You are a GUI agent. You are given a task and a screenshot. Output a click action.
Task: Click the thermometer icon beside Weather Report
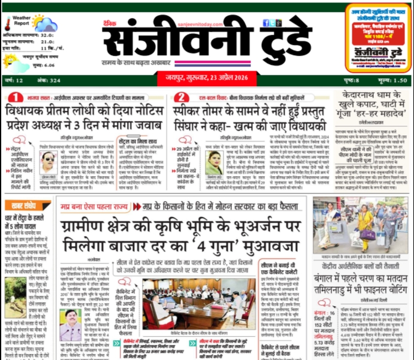8,24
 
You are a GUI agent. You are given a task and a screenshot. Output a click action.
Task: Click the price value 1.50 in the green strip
401,80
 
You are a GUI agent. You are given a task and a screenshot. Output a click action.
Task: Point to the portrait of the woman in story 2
213,163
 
